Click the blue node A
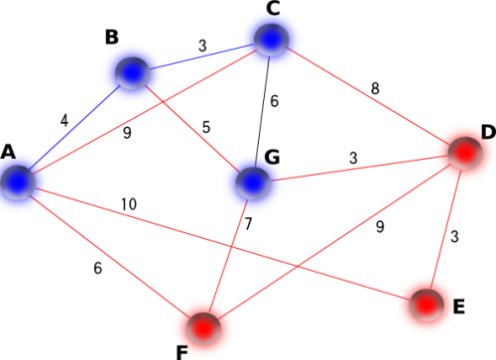tap(18, 182)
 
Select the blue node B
tap(132, 73)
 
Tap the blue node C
tap(272, 40)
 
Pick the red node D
tap(465, 153)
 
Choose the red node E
tap(427, 304)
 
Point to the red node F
tap(203, 328)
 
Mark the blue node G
tap(253, 182)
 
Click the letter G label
tap(272, 157)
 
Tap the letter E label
tap(459, 306)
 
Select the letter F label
tap(183, 353)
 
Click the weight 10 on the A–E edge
tap(129, 204)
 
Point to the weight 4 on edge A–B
tap(64, 121)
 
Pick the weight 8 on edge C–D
tap(375, 88)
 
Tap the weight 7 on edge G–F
tap(248, 224)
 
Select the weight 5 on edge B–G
tap(206, 127)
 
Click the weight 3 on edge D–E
tap(454, 236)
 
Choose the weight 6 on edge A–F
tap(98, 268)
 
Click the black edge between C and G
tap(263, 111)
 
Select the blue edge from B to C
tap(202, 58)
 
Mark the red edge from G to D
tap(359, 169)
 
